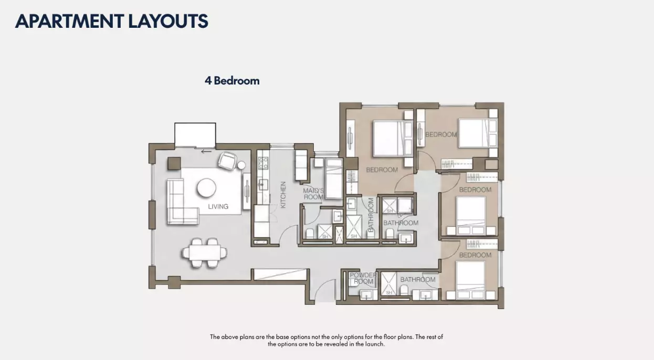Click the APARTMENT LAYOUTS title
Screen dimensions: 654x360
point(111,21)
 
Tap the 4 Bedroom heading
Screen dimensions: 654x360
point(232,81)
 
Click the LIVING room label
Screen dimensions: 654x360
point(218,206)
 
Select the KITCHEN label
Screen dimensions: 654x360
point(283,195)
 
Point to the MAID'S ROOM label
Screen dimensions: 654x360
point(313,194)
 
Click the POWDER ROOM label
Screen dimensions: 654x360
point(363,278)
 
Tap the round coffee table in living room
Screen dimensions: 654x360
point(206,188)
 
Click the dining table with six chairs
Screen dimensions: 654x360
point(204,253)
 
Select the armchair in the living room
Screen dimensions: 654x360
point(227,161)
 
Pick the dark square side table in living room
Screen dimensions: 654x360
point(174,164)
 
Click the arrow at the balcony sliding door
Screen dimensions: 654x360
point(206,151)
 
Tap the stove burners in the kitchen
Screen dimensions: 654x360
point(263,163)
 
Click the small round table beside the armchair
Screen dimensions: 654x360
point(241,165)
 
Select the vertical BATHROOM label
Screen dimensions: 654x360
point(371,215)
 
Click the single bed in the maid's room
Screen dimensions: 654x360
point(333,178)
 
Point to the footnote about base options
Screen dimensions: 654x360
point(326,341)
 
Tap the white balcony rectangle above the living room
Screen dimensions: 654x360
point(195,135)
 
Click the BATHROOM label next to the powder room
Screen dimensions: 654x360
point(418,279)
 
